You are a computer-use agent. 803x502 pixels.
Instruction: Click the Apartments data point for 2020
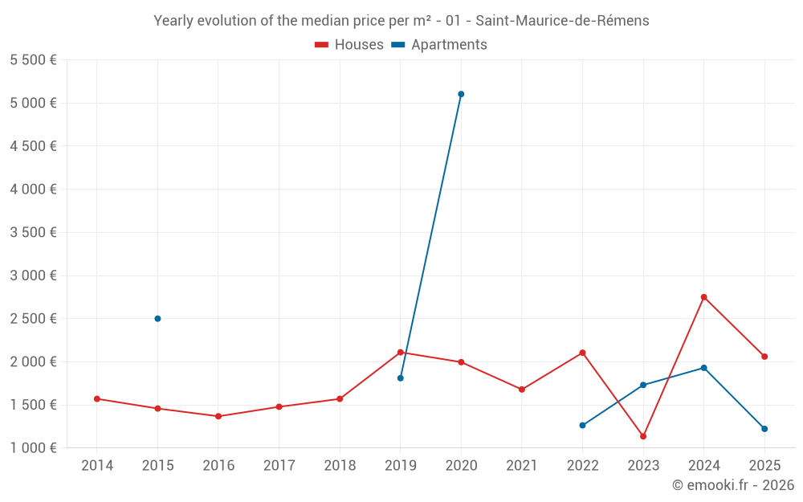461,94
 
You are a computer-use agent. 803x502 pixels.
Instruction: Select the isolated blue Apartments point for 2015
157,319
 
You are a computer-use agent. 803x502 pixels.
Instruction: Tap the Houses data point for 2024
704,297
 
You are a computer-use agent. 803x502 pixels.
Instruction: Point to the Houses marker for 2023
643,436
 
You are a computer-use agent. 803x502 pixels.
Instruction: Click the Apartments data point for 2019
400,378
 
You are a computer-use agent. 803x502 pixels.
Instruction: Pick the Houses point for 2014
96,398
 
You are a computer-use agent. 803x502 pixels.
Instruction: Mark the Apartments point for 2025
764,429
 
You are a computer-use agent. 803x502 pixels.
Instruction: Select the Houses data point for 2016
218,416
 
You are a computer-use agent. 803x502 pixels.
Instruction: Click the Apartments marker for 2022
582,426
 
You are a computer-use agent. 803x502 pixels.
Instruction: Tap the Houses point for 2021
522,390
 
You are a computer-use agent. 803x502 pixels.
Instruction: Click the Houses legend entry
349,45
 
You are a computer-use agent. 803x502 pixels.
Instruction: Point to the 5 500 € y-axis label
33,60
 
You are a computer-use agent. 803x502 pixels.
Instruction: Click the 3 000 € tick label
33,275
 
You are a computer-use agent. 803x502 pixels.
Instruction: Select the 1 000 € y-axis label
33,448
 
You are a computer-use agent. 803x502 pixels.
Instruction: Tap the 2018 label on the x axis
340,466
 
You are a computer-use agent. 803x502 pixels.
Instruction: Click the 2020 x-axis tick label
461,466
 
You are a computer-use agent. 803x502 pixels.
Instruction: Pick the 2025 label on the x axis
764,466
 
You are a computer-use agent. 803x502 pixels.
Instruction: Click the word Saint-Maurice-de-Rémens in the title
563,21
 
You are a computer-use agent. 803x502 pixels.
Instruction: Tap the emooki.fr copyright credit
733,485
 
